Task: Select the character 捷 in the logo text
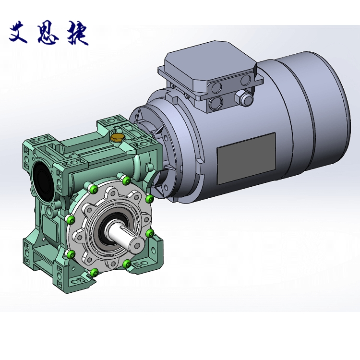pos(78,34)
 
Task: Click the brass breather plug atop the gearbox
pos(117,137)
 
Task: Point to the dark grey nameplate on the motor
pos(246,158)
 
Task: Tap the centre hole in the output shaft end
pos(138,245)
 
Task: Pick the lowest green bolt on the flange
pos(94,273)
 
